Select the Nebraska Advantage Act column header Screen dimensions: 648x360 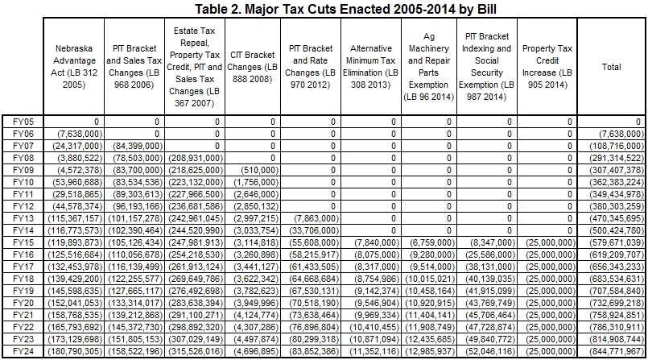[x=74, y=67]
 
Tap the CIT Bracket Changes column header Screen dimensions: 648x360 [x=253, y=67]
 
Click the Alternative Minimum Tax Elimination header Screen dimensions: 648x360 [x=371, y=67]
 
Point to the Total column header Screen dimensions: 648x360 [x=611, y=67]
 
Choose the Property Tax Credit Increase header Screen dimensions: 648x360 [x=547, y=67]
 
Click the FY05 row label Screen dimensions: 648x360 [x=23, y=122]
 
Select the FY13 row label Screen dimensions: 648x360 [x=23, y=218]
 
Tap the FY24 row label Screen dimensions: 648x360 [x=23, y=352]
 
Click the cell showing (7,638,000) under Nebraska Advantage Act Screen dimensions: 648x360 [x=80, y=134]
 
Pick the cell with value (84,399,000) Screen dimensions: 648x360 [x=138, y=146]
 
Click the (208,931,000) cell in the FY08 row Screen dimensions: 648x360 [x=196, y=158]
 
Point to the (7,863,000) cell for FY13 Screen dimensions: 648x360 [x=316, y=218]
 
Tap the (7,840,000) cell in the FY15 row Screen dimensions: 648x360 [x=377, y=242]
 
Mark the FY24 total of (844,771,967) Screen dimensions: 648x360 [x=616, y=352]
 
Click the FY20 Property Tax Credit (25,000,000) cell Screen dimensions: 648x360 [x=551, y=303]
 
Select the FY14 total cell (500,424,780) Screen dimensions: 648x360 [x=616, y=230]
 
